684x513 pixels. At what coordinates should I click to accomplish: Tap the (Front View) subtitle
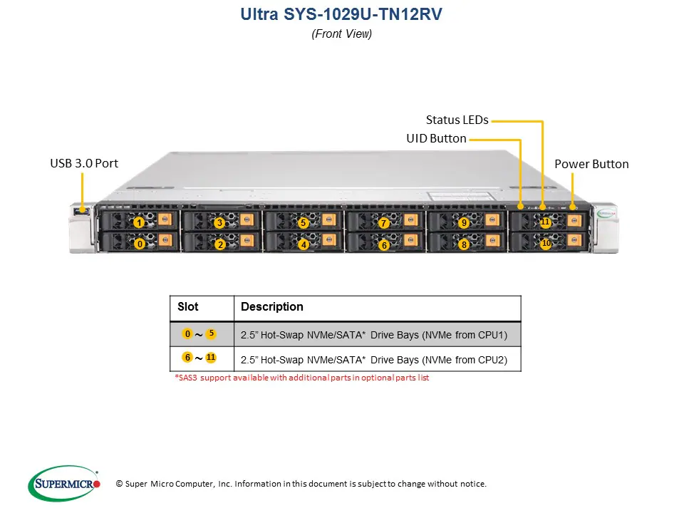(x=342, y=33)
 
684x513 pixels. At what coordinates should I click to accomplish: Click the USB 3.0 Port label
(x=84, y=163)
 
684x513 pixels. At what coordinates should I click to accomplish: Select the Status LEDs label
(x=457, y=120)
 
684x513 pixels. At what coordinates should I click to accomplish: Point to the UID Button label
(x=436, y=138)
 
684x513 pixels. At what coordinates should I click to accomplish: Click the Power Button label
(x=591, y=164)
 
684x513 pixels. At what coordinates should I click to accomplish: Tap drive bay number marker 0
(x=140, y=244)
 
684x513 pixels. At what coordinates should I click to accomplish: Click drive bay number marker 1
(x=138, y=223)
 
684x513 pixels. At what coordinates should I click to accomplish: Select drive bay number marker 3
(x=219, y=223)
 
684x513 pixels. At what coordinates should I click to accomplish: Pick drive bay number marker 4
(x=304, y=245)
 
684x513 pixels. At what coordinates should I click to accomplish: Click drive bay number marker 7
(x=384, y=223)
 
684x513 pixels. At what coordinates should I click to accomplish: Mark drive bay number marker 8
(x=464, y=245)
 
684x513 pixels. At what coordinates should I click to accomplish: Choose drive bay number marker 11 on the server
(x=545, y=222)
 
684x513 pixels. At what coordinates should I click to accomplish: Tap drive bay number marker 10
(x=546, y=244)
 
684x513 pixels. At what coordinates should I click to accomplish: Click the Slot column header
(x=188, y=307)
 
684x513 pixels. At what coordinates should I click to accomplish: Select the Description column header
(x=272, y=307)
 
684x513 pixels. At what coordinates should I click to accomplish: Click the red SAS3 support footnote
(x=301, y=378)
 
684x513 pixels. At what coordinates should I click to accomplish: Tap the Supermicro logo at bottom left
(x=63, y=484)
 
